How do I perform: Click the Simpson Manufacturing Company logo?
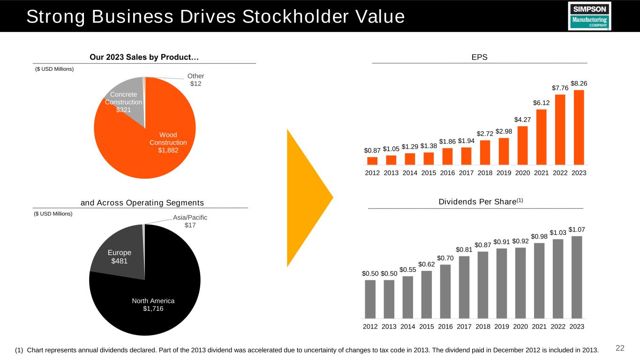point(589,16)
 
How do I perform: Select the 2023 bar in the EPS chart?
point(579,127)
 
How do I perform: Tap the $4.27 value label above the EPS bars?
point(522,120)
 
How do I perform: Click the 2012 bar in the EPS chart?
point(372,161)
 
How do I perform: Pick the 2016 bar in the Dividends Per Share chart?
point(445,291)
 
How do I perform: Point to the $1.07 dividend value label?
point(577,229)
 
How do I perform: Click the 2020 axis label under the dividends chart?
point(520,326)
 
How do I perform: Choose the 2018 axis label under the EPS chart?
point(485,172)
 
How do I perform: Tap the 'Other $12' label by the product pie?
point(196,80)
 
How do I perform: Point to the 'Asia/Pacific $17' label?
point(190,221)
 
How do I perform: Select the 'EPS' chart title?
point(479,57)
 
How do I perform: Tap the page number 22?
point(620,348)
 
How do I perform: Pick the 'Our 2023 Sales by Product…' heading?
point(144,57)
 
